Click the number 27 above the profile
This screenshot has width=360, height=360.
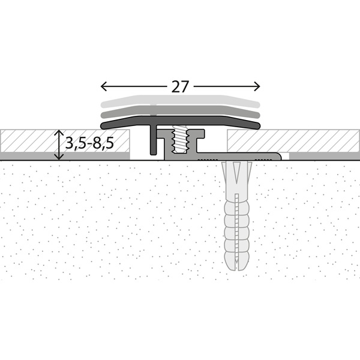pyautogui.click(x=180, y=86)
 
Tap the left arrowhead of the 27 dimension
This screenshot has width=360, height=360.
pyautogui.click(x=102, y=85)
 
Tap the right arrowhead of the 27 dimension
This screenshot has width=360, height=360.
pyautogui.click(x=257, y=85)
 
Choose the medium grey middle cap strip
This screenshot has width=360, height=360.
pyautogui.click(x=180, y=111)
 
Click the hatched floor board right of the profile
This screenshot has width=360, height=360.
pyautogui.click(x=288, y=141)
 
